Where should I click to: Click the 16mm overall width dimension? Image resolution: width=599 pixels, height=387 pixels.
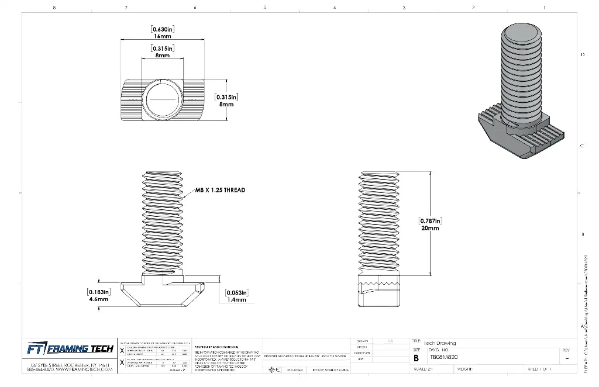163,36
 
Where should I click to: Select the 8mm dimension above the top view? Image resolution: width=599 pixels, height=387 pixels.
163,56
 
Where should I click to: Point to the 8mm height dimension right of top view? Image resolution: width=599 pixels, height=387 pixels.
226,104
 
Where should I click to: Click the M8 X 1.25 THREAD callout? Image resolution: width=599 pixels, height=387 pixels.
220,190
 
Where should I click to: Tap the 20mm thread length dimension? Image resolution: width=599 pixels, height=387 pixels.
430,229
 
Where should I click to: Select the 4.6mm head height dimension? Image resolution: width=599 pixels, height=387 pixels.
99,299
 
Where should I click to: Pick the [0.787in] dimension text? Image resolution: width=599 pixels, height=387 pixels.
430,221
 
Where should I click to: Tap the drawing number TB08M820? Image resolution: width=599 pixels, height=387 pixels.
444,357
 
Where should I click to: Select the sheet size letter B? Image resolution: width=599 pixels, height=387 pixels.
416,357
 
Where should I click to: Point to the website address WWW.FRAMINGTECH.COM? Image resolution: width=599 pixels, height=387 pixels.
84,370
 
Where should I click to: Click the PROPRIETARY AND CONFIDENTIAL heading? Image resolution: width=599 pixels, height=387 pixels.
218,345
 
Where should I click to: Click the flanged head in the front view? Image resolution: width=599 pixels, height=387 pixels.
163,293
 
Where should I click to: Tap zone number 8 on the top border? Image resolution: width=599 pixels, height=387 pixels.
54,8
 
